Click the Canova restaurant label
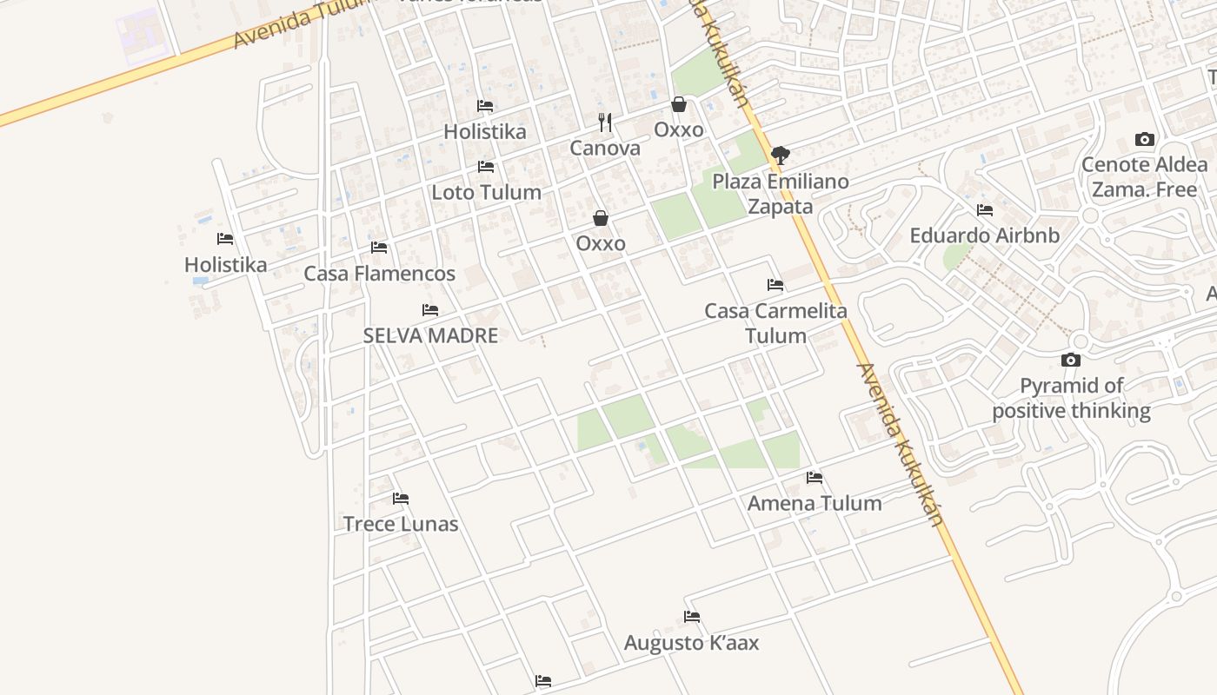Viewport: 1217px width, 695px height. click(x=605, y=148)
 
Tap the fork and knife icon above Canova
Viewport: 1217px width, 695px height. click(x=605, y=122)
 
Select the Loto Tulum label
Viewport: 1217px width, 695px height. click(x=487, y=192)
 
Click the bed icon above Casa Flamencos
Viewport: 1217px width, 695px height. click(x=379, y=248)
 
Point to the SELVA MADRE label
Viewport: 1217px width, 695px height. click(x=430, y=335)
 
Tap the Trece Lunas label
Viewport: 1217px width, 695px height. click(x=401, y=524)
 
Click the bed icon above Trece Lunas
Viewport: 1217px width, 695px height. click(x=401, y=499)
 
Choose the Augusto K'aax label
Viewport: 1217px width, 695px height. click(x=692, y=643)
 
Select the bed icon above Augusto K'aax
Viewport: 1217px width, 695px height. click(x=692, y=617)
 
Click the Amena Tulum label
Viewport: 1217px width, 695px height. click(x=815, y=503)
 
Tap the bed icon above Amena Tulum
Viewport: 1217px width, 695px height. click(x=815, y=478)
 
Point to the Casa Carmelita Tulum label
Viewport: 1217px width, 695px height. click(x=775, y=323)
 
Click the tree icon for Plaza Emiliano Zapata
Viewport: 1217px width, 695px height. click(x=781, y=156)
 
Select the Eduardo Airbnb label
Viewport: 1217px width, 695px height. click(x=985, y=235)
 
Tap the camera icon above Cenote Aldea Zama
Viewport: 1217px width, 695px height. click(x=1145, y=139)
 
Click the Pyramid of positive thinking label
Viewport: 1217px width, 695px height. click(x=1072, y=398)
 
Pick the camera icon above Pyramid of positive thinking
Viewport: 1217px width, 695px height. click(x=1071, y=360)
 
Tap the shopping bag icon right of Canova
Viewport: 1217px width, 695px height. click(x=679, y=104)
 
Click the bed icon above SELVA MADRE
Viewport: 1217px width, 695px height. click(x=430, y=310)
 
